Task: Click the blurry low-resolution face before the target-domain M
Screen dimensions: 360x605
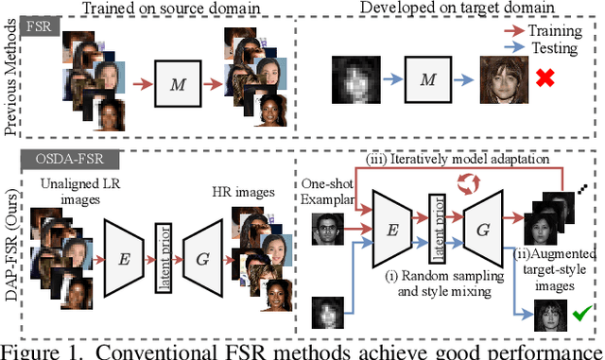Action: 348,73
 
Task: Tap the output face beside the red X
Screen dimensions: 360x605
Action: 498,74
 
